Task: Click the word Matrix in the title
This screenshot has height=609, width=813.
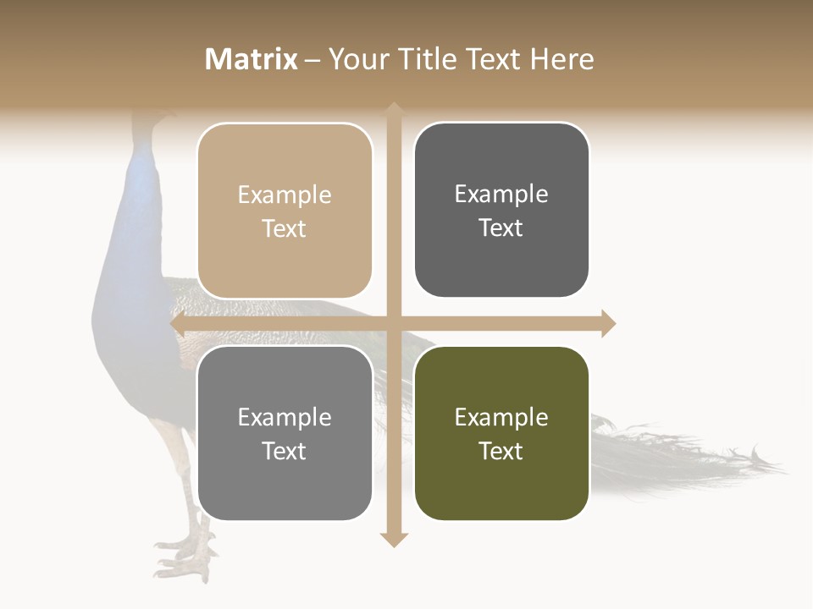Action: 252,59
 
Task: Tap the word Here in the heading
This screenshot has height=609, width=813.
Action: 561,59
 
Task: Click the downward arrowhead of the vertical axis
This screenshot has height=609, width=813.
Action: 394,540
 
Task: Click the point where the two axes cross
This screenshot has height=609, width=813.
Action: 394,323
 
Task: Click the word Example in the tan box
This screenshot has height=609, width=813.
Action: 285,195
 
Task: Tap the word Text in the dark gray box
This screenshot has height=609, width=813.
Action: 501,228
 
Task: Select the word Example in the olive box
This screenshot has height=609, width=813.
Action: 501,417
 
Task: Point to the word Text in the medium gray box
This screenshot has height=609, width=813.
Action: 285,451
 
